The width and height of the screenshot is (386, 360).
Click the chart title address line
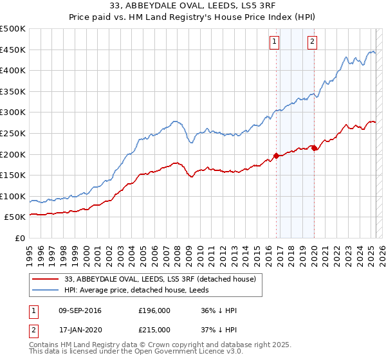[193, 6]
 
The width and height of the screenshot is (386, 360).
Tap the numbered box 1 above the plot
[275, 42]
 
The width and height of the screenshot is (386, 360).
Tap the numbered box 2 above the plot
[312, 42]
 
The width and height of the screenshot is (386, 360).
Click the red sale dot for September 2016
[276, 156]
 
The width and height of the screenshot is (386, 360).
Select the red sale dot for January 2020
[314, 148]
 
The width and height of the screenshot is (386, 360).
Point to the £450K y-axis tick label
[13, 50]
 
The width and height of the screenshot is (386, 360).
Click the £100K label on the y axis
[13, 196]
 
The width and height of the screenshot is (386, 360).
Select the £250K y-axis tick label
[13, 133]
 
